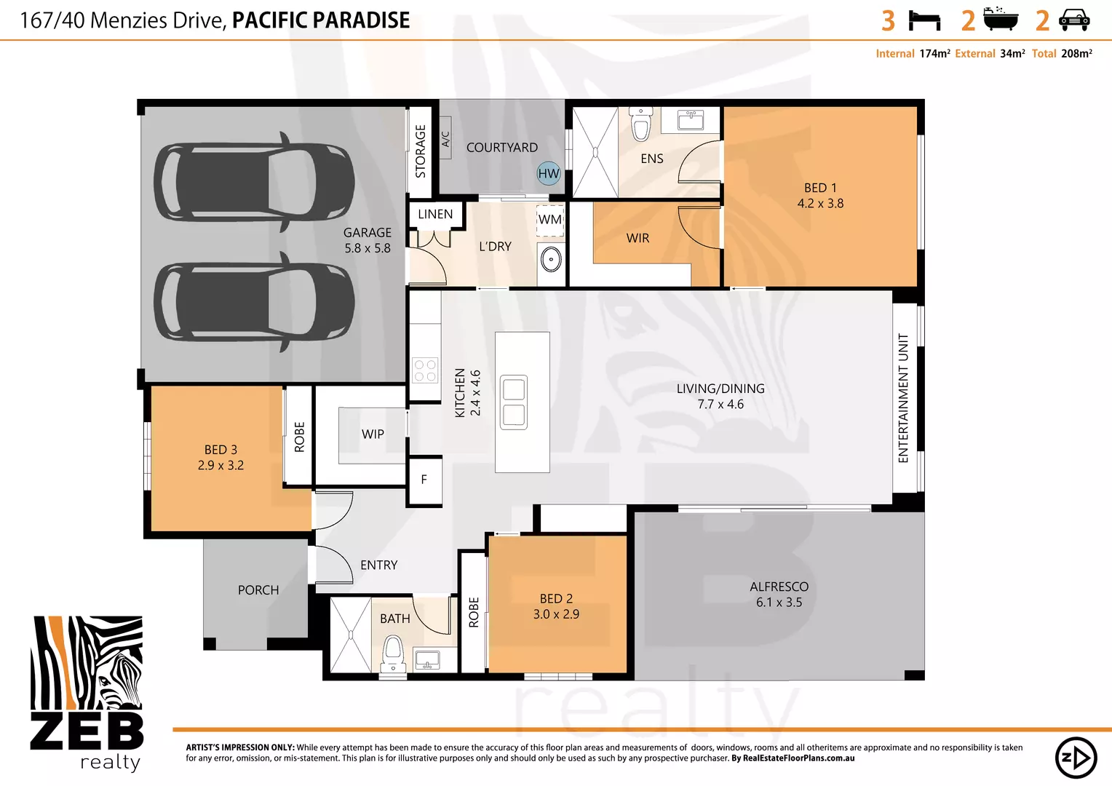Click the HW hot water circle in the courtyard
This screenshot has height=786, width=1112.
click(x=549, y=173)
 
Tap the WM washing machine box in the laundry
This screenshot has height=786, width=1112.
click(x=550, y=220)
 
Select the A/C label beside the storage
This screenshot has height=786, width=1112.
click(x=446, y=139)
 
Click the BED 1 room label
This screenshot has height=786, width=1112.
click(x=820, y=195)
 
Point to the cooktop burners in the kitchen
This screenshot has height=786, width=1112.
click(x=425, y=370)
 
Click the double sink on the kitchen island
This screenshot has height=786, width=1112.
click(x=514, y=402)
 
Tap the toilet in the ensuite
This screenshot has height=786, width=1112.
click(x=640, y=125)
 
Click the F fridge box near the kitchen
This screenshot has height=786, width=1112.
click(x=424, y=480)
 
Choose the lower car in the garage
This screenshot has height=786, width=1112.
click(x=254, y=301)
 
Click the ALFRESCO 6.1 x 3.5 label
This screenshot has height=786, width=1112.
click(x=779, y=594)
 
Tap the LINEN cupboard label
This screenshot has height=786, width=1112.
click(x=435, y=214)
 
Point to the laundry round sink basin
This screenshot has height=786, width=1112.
click(x=551, y=259)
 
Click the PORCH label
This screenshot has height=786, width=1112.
click(x=258, y=590)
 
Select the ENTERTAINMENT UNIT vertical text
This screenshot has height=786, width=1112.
click(x=903, y=398)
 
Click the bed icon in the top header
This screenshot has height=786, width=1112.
click(x=925, y=20)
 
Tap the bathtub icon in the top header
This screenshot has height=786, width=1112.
click(x=1001, y=19)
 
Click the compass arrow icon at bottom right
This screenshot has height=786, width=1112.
click(x=1076, y=758)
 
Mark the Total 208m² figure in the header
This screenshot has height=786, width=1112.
click(x=1062, y=54)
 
